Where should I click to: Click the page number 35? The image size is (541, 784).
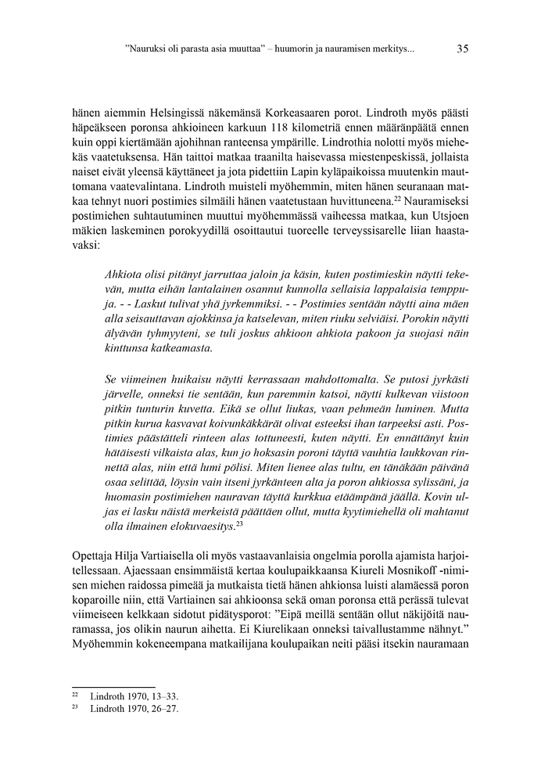coord(462,49)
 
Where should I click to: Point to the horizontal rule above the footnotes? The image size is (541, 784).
coord(113,686)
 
